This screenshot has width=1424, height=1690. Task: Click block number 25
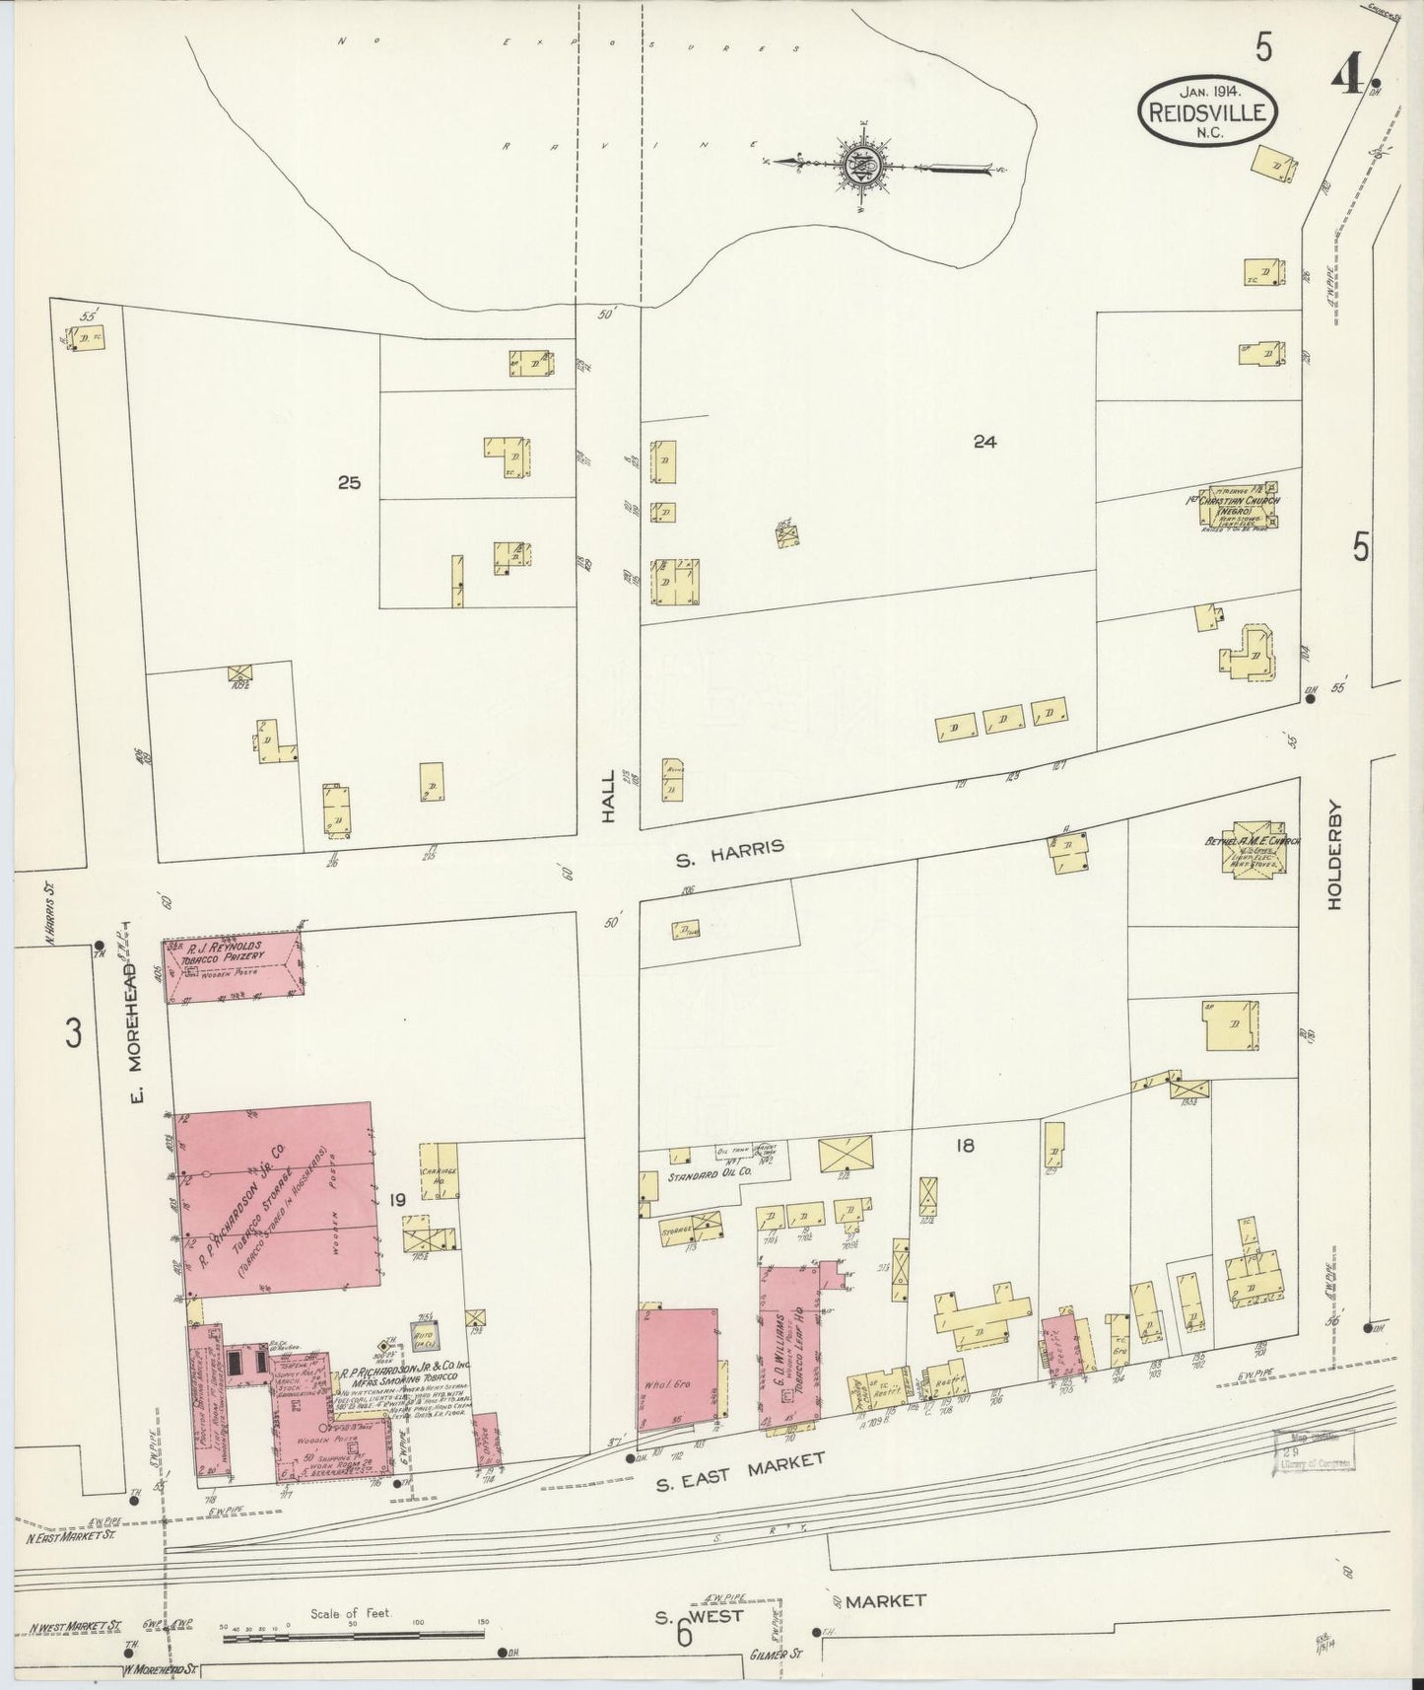349,483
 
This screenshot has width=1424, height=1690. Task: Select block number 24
983,443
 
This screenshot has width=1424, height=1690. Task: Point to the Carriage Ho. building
440,1170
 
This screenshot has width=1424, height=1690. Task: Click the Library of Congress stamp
1314,1450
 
